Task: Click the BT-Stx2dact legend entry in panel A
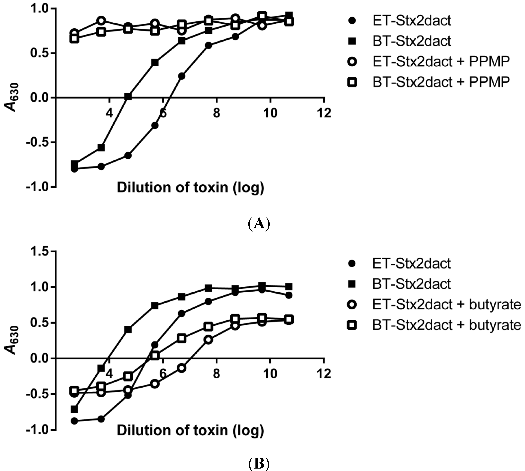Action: click(412, 41)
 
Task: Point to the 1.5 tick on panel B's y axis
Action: click(39, 252)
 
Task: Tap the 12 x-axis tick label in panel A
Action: click(324, 113)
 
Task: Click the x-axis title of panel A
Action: click(190, 188)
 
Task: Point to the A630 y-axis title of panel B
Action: click(12, 340)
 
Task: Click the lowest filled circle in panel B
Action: click(74, 421)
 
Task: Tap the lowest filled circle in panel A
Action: click(74, 169)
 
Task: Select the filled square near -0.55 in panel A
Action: click(101, 148)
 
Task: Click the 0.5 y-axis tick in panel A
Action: click(39, 53)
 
